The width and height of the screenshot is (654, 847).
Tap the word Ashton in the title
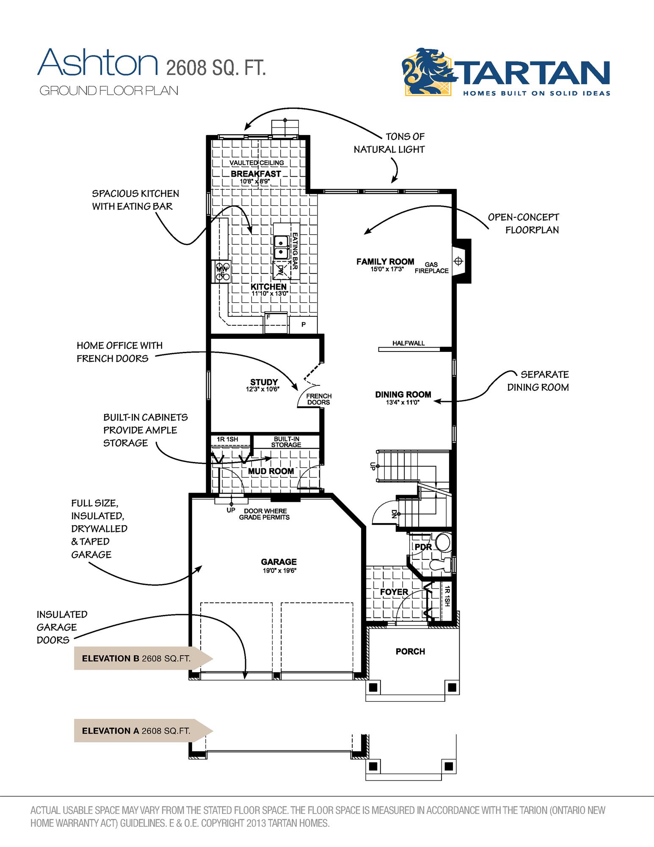pos(97,63)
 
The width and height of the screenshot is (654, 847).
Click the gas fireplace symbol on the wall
pos(458,261)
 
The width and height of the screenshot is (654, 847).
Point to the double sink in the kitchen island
pos(281,247)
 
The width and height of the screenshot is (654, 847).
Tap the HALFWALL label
pos(408,343)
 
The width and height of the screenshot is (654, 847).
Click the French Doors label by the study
pos(318,399)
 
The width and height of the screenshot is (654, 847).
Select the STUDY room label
pos(264,382)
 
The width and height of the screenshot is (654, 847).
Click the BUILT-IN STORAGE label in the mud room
pos(286,442)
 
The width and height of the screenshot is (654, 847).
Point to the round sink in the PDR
pos(443,542)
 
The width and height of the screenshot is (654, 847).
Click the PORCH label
pos(410,651)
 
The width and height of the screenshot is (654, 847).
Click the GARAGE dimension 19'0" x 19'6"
pos(279,570)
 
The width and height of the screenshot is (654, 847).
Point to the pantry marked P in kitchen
pos(303,325)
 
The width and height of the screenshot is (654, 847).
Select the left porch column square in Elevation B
pos(373,687)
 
